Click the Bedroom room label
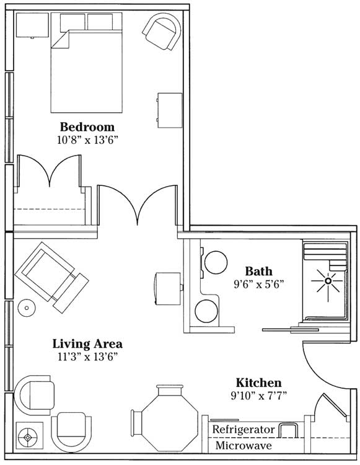[87, 126]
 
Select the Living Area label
[87, 343]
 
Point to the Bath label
[258, 271]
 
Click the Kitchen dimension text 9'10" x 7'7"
[258, 396]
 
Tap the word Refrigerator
[244, 430]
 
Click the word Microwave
[244, 445]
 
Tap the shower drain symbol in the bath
[328, 281]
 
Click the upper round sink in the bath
[216, 262]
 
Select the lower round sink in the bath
[206, 311]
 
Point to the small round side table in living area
[27, 308]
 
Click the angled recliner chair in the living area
[52, 278]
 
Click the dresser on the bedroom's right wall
[170, 110]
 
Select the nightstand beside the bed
[32, 25]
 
